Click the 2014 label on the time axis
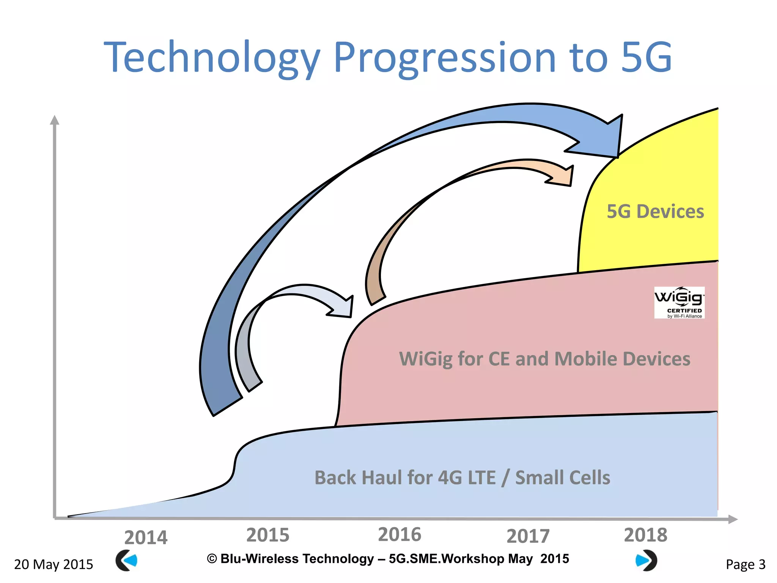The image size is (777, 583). pyautogui.click(x=146, y=537)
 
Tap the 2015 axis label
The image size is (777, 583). pyautogui.click(x=268, y=535)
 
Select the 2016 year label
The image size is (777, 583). pyautogui.click(x=400, y=534)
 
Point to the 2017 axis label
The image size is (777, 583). pyautogui.click(x=528, y=536)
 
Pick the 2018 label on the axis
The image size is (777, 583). pyautogui.click(x=645, y=535)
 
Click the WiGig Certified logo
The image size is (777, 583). pyautogui.click(x=679, y=303)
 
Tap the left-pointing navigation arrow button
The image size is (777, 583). pyautogui.click(x=126, y=560)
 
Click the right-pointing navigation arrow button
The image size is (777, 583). pyautogui.click(x=646, y=560)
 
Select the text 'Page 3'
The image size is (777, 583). pyautogui.click(x=746, y=564)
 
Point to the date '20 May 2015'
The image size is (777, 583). pyautogui.click(x=53, y=564)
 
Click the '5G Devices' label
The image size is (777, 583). pyautogui.click(x=655, y=211)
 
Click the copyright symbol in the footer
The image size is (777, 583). pyautogui.click(x=212, y=559)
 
